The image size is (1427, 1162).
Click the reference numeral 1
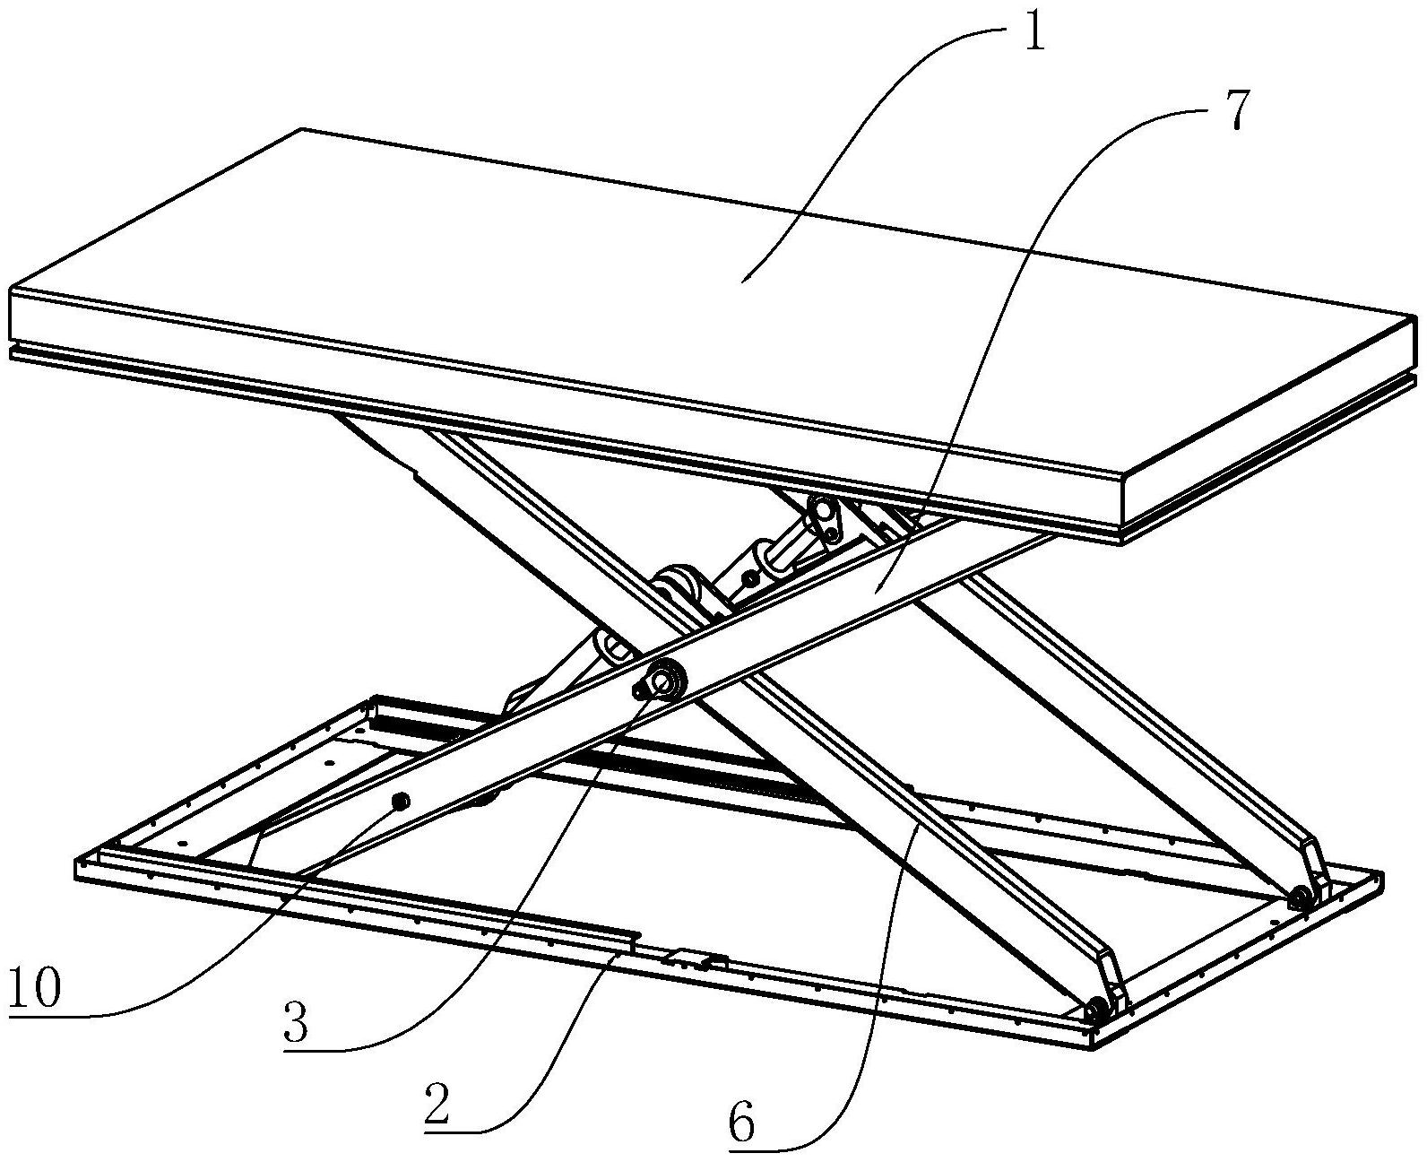[1033, 36]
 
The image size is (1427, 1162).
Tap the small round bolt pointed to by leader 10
[400, 801]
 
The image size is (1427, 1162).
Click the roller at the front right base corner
[1095, 1011]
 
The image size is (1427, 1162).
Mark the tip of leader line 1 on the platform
[742, 282]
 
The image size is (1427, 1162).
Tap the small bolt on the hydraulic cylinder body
[748, 580]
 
